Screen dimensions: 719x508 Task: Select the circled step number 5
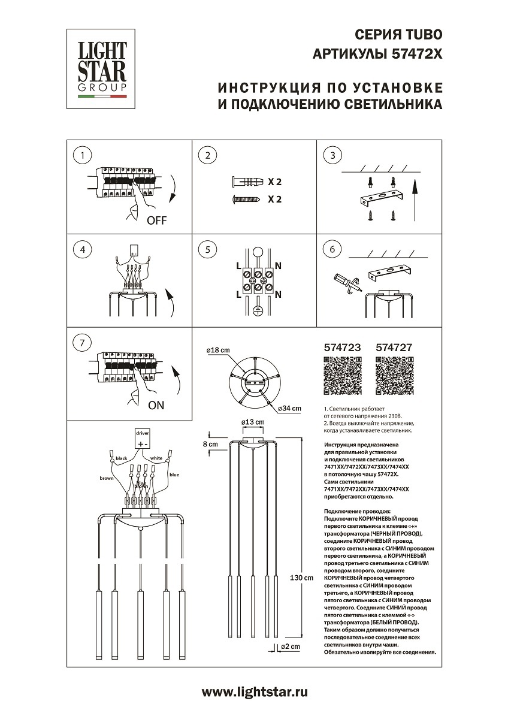point(207,249)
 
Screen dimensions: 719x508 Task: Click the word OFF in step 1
point(156,220)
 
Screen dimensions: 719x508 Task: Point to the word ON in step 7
point(156,405)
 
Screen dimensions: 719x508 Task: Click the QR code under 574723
point(343,376)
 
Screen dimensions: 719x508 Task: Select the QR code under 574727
point(395,376)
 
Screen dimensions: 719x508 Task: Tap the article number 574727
point(395,347)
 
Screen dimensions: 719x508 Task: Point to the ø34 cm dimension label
point(289,409)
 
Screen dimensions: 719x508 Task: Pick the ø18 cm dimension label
point(218,350)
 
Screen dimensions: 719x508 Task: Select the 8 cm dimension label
point(210,444)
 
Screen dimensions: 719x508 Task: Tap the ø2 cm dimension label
point(290,647)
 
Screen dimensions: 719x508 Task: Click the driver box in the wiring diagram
point(143,439)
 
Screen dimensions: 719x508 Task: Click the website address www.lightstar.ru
point(255,693)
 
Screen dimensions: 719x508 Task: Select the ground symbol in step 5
point(258,310)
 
